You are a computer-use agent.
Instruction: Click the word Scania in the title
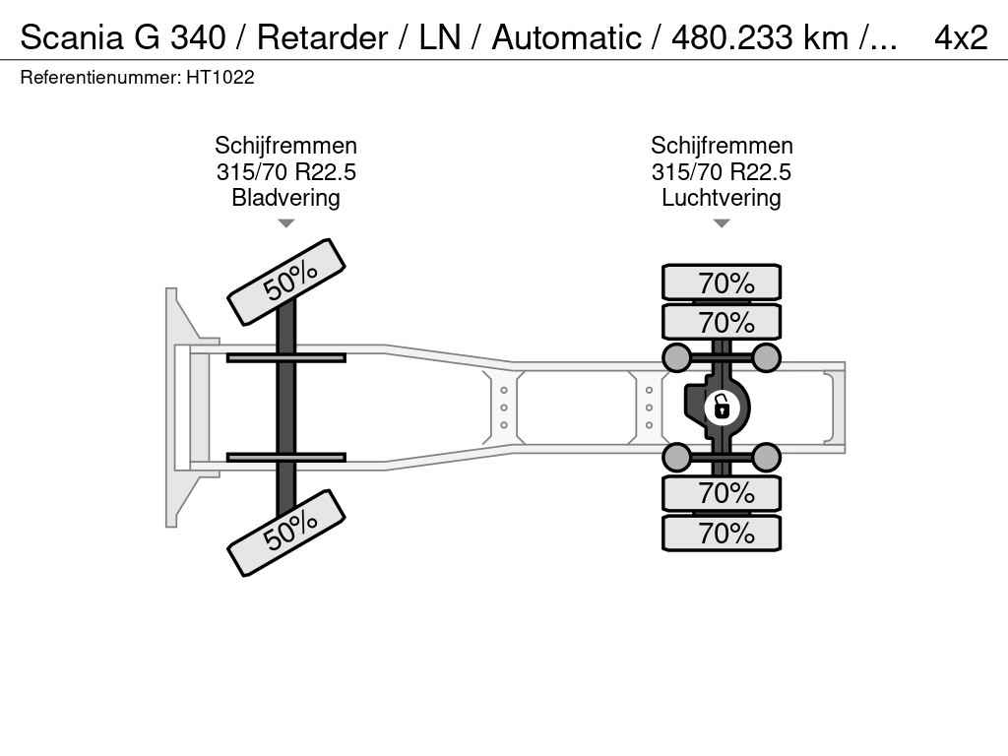click(72, 37)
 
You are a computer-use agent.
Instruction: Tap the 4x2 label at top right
click(961, 37)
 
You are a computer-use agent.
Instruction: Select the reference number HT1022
click(220, 78)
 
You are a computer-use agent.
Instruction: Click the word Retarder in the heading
click(323, 37)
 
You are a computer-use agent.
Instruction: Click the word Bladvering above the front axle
click(286, 197)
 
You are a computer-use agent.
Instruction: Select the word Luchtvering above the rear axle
click(722, 197)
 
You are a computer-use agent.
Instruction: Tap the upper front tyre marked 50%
click(286, 282)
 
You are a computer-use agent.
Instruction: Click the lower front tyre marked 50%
click(286, 533)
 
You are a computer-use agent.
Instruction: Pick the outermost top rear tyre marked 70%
click(722, 283)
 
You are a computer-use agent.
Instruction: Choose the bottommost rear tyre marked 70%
click(722, 533)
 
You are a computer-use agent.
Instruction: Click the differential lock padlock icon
click(722, 408)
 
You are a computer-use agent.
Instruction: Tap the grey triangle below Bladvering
click(286, 223)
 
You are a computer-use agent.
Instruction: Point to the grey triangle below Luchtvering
click(722, 223)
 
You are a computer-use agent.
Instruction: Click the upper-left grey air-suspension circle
click(677, 357)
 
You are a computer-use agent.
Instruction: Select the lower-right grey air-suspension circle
click(766, 457)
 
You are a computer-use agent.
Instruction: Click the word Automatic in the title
click(566, 37)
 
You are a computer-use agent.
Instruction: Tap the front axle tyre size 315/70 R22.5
click(286, 171)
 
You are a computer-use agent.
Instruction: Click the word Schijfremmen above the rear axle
click(722, 146)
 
